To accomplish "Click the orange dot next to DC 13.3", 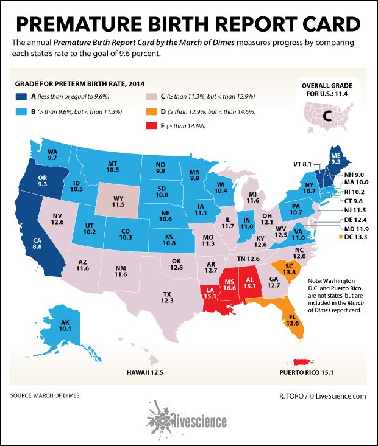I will tap(337, 235).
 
